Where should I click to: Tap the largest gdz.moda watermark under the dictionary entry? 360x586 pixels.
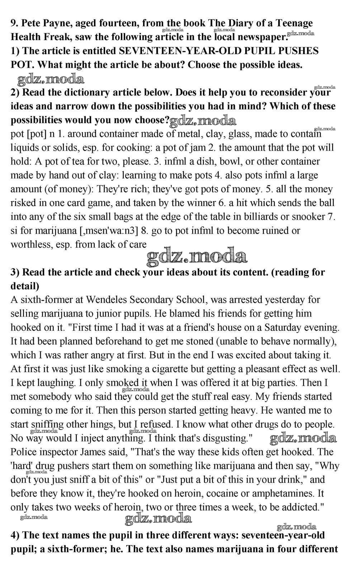[x=197, y=257]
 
